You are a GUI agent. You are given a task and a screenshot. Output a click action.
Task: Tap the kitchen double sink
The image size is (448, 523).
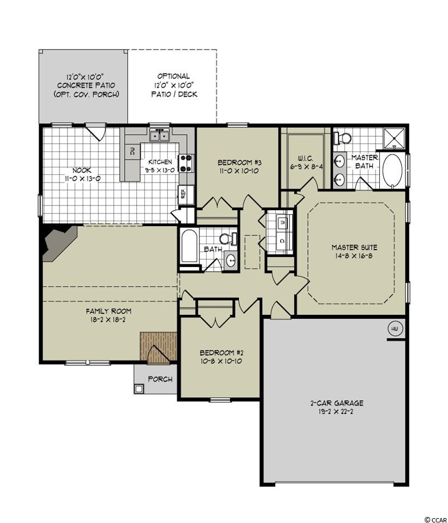(160, 135)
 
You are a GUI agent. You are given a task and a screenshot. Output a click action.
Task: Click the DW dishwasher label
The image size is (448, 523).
(132, 152)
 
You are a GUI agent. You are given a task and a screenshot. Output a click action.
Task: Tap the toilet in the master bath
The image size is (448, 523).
(343, 137)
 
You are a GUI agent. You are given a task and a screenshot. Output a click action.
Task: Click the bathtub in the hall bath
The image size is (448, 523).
(189, 246)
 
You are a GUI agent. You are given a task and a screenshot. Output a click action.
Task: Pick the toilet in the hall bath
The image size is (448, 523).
(228, 239)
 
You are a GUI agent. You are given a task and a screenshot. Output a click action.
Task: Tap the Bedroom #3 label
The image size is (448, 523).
(239, 162)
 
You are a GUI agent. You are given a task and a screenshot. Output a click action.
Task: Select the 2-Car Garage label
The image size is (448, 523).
(337, 403)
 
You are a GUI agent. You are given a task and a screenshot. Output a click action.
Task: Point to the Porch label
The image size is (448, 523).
(160, 379)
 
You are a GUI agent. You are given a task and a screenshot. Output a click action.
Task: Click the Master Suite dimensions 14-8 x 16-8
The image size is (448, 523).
(354, 256)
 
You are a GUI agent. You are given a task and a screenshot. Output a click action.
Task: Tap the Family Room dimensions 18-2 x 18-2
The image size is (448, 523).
(108, 320)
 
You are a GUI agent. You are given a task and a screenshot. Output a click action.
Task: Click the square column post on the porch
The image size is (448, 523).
(139, 388)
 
